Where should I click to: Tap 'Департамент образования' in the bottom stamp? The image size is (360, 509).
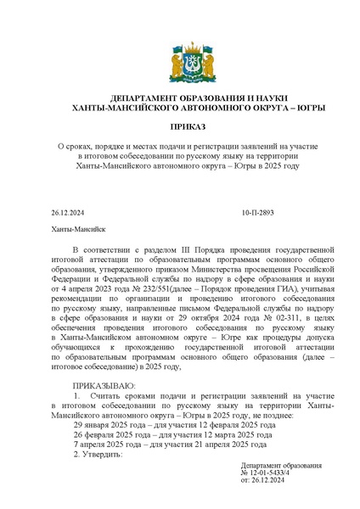[x=281, y=465]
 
